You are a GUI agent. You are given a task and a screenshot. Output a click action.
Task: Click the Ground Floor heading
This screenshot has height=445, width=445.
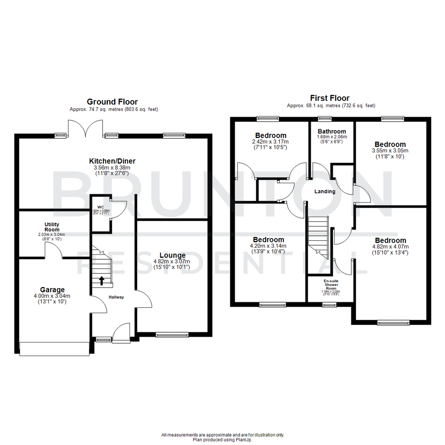point(112,102)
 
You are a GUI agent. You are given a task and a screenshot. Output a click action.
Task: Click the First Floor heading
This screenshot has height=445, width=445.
point(331,98)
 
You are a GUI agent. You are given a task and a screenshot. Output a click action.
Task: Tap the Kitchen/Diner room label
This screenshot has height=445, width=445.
point(112,161)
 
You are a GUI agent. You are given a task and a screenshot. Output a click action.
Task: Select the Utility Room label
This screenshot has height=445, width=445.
point(52,227)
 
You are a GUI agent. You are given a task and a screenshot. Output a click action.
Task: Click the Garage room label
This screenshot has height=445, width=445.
point(52,289)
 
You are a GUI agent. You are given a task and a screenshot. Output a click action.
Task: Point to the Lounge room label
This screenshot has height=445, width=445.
point(172,255)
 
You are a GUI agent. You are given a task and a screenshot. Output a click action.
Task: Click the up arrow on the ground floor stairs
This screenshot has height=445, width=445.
point(101,281)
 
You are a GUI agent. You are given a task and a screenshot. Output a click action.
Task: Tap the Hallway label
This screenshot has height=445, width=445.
point(116,297)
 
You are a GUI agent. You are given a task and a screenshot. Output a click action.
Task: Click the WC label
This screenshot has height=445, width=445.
point(100,207)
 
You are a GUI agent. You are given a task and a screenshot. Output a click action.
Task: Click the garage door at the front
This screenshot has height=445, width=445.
point(54,349)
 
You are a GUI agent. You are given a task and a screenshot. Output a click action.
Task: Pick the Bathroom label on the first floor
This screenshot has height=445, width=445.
point(332,131)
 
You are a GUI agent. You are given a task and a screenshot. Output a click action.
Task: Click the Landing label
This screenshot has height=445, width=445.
point(325,192)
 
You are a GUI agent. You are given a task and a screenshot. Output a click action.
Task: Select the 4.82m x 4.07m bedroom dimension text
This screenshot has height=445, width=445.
point(390,247)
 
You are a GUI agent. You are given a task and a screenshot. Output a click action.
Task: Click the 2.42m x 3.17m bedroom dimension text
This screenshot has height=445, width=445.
point(271,141)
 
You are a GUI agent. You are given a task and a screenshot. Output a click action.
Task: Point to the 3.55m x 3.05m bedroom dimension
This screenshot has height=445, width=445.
point(390,150)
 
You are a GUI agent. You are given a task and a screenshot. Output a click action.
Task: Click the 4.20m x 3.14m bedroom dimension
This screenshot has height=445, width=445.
point(268,246)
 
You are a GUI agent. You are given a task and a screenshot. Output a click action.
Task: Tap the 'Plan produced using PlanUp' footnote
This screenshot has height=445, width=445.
point(222,440)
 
